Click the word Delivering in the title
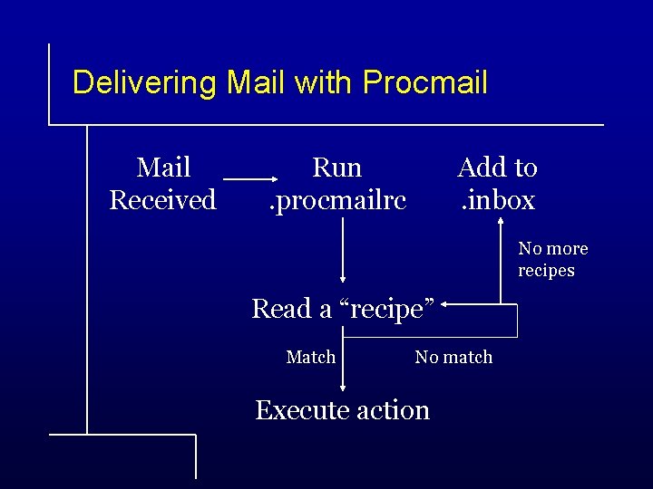pos(144,83)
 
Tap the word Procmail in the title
pos(424,83)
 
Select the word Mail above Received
pos(163,168)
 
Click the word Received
pos(163,199)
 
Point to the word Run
pos(337,168)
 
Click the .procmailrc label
pos(337,199)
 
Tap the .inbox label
pos(497,199)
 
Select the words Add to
pos(497,168)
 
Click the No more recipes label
pos(552,259)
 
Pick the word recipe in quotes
pos(385,310)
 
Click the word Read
pos(281,310)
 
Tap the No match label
pos(453,358)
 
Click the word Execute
pos(300,410)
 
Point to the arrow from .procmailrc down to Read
pos(343,254)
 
